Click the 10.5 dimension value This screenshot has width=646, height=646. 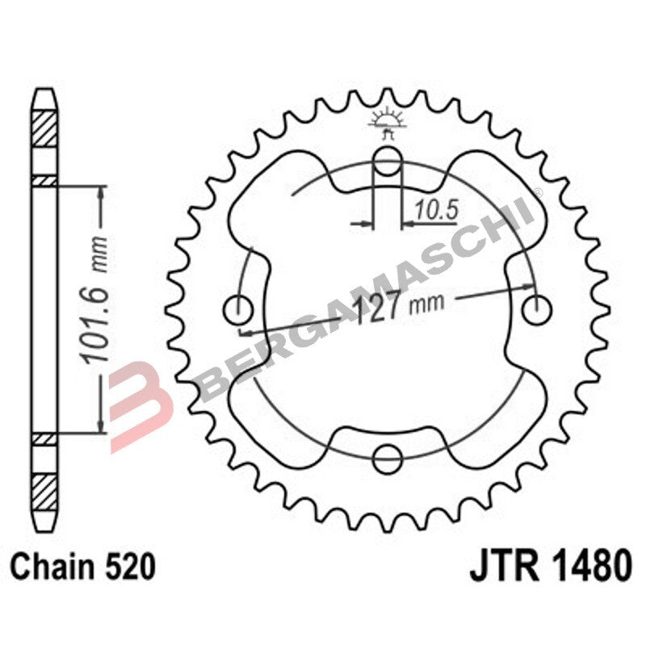coord(435,210)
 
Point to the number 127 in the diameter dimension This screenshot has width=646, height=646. coord(380,307)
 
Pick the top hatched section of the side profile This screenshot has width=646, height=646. coord(44,128)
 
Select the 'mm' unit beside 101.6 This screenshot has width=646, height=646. coord(100,253)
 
